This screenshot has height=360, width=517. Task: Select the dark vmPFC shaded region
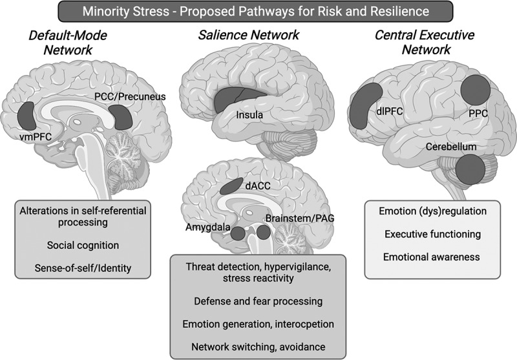[x=27, y=115]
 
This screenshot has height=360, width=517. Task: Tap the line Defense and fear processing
[x=258, y=301]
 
